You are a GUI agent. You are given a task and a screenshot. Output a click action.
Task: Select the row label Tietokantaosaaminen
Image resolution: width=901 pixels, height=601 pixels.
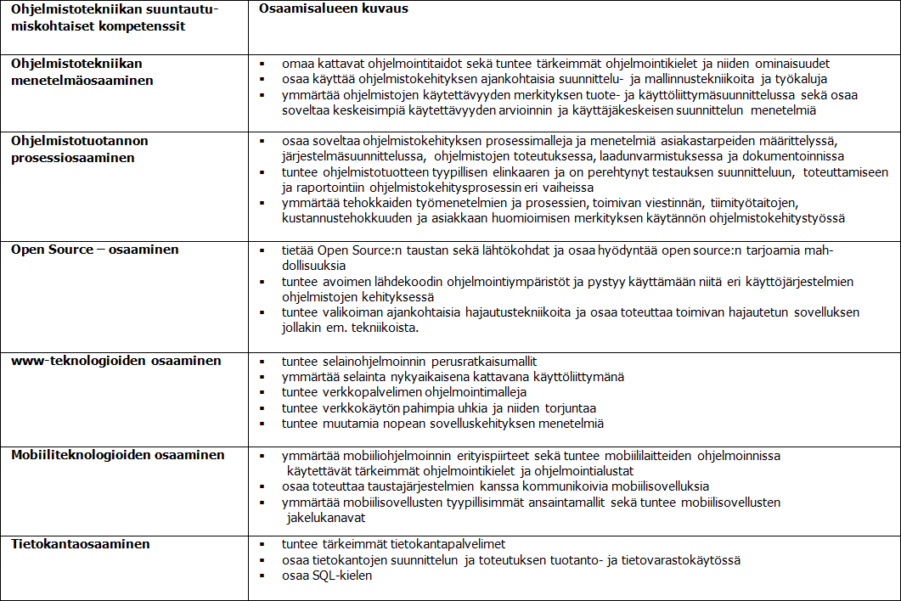click(x=80, y=544)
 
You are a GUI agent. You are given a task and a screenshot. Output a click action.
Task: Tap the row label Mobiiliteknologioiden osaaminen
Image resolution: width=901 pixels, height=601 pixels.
click(x=118, y=455)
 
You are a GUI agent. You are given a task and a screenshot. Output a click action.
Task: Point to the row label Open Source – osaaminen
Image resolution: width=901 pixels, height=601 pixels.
click(x=94, y=250)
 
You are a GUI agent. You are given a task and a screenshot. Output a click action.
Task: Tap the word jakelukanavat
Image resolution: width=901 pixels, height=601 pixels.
click(x=327, y=517)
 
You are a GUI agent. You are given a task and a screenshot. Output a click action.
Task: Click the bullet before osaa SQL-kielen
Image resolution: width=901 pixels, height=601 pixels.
click(x=263, y=576)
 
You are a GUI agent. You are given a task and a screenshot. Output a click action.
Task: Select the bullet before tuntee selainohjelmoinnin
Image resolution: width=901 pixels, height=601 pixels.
click(x=263, y=361)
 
